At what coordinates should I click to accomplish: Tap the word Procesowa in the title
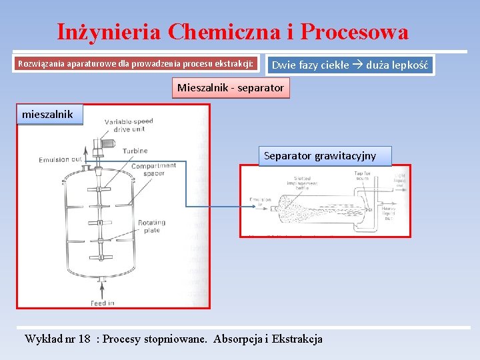click(354, 31)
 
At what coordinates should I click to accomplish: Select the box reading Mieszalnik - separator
click(231, 88)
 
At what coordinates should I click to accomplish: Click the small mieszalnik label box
click(47, 115)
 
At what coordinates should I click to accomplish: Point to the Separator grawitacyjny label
click(320, 156)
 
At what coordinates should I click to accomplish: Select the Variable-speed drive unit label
click(129, 125)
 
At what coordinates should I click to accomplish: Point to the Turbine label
click(135, 151)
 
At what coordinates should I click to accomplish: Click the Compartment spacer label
click(154, 169)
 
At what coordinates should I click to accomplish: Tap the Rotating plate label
click(151, 227)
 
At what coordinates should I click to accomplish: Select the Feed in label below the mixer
click(102, 303)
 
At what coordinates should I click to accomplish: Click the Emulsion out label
click(60, 160)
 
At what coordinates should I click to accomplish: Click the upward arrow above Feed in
click(101, 288)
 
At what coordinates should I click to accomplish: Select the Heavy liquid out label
click(390, 211)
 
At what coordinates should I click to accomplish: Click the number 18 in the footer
click(84, 339)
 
